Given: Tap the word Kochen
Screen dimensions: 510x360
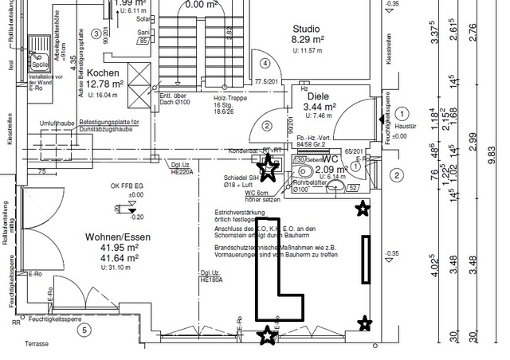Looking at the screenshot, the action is click(x=104, y=72).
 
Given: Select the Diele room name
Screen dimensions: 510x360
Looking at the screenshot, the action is click(x=317, y=94).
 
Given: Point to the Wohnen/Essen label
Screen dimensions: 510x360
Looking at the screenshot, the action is click(x=114, y=237).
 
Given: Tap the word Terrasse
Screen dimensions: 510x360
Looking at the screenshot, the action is click(x=37, y=343).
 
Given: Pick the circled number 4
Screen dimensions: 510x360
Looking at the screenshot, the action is click(x=265, y=63).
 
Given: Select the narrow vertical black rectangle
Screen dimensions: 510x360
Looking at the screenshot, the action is click(x=366, y=260).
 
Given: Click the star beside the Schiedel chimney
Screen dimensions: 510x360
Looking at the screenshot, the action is click(x=269, y=168).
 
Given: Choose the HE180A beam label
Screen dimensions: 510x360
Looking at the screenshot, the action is click(x=212, y=280).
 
